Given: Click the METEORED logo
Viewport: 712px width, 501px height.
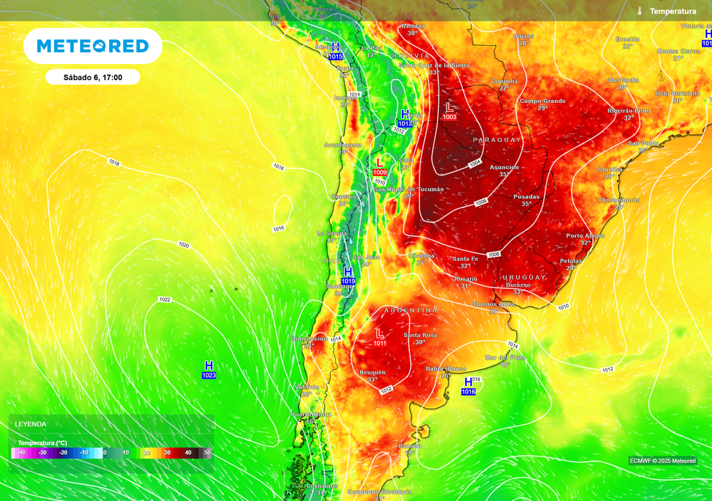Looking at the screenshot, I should [92, 46].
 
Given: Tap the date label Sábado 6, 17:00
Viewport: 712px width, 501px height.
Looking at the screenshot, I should [92, 77].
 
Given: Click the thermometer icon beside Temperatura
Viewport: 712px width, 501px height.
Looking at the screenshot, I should [639, 11].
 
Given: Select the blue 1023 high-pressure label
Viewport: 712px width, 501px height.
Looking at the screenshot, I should [209, 376].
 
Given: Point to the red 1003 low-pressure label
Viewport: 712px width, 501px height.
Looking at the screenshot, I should [450, 117].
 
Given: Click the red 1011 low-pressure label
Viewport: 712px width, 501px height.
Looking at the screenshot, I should [380, 343].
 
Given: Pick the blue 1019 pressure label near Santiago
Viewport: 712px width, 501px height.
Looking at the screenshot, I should [348, 281].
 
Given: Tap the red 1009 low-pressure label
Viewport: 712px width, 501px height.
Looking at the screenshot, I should [380, 172].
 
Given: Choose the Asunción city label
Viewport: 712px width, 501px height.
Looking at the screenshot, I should [504, 167].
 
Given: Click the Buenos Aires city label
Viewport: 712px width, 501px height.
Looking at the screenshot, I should [494, 304].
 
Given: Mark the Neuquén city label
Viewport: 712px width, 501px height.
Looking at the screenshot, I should [372, 372].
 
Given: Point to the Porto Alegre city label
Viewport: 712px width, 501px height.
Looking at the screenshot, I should [585, 235].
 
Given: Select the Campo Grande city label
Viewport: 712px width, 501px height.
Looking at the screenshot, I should [542, 101].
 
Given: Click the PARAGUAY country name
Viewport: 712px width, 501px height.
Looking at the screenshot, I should [496, 140].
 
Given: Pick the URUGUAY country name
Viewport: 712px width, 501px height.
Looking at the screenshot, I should [524, 277].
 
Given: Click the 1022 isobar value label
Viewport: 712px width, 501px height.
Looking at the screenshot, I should [165, 300].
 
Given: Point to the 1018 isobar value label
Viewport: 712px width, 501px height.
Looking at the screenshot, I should [114, 162].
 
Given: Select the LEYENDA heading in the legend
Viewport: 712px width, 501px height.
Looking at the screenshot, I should [31, 424].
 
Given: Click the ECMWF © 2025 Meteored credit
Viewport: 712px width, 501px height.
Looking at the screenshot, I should [662, 461].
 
